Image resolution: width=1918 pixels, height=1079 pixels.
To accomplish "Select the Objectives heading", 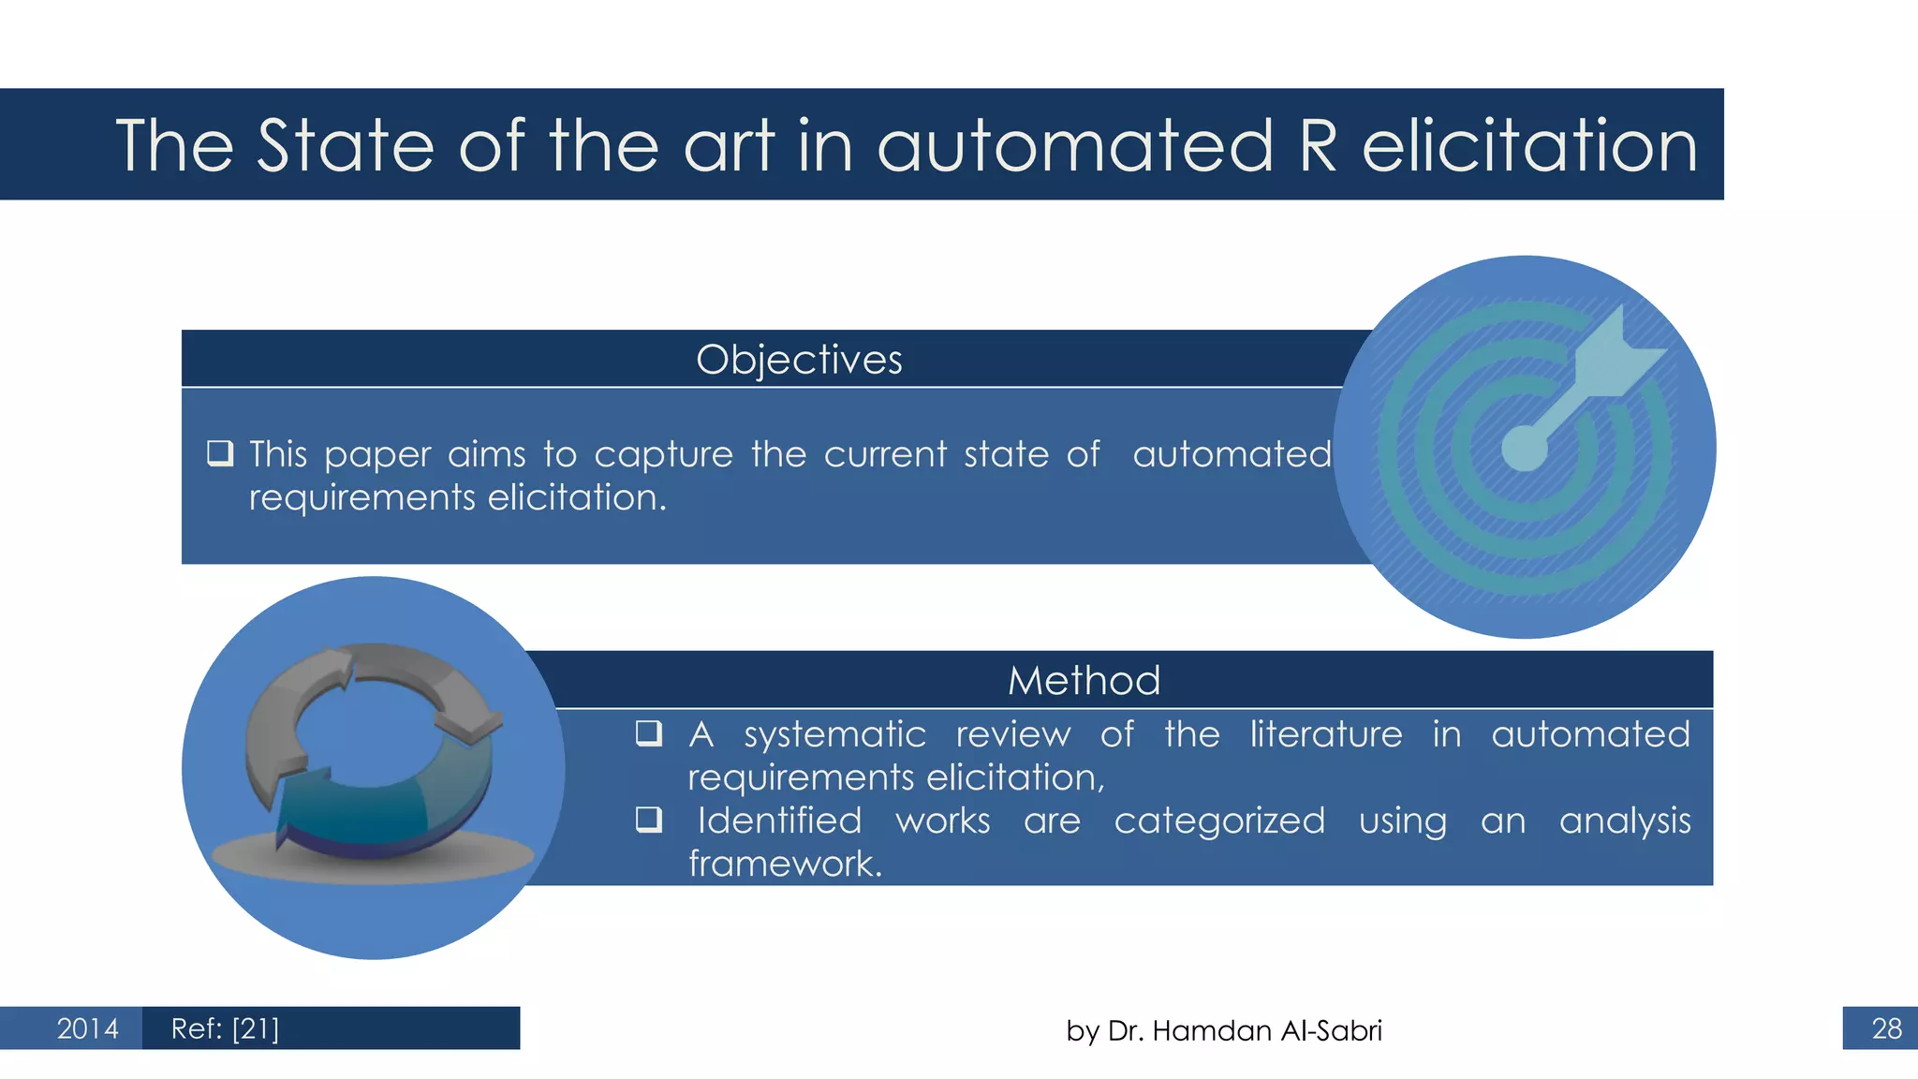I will pyautogui.click(x=799, y=360).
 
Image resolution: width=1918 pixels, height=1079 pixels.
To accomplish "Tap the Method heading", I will pyautogui.click(x=1084, y=681).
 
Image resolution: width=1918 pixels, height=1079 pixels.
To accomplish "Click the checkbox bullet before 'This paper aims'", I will pyautogui.click(x=220, y=453).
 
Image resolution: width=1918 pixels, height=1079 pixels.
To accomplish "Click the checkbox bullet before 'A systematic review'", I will pyautogui.click(x=649, y=732).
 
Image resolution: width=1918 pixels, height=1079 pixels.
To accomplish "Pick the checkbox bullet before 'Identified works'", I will pyautogui.click(x=649, y=820).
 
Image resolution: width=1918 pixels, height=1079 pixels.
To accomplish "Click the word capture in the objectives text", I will pyautogui.click(x=663, y=455).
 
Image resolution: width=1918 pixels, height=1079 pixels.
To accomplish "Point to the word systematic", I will pyautogui.click(x=834, y=735).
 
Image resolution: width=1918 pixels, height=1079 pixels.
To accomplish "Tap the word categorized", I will pyautogui.click(x=1219, y=821).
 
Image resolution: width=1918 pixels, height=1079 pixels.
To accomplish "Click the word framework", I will pyautogui.click(x=785, y=864).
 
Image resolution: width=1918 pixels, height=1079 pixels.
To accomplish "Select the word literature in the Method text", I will pyautogui.click(x=1326, y=734).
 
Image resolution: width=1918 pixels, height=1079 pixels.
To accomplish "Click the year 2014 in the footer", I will pyautogui.click(x=87, y=1028).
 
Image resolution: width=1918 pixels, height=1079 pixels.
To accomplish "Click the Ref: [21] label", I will pyautogui.click(x=225, y=1028).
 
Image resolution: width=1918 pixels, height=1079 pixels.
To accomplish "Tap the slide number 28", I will pyautogui.click(x=1886, y=1028).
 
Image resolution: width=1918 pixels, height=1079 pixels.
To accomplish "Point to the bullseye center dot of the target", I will pyautogui.click(x=1525, y=448).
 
